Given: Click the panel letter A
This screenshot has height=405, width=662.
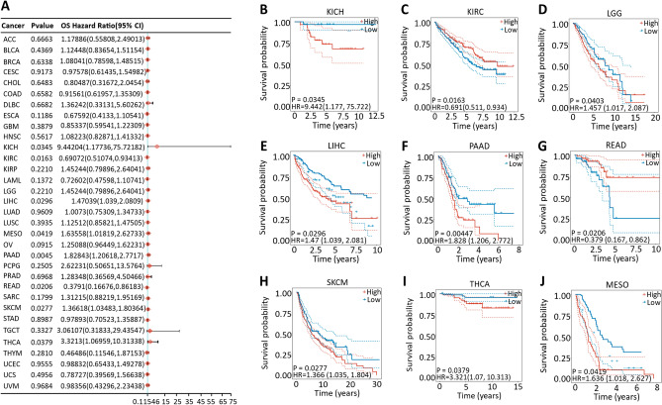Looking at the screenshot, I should (x=7, y=7).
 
